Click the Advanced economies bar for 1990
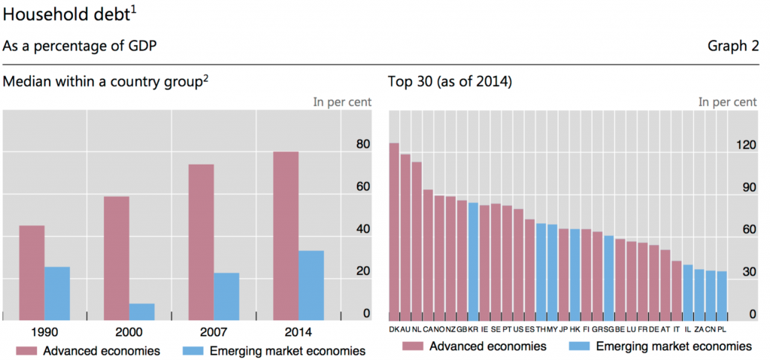click(x=32, y=272)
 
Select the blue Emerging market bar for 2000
click(x=142, y=311)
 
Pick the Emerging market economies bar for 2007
click(x=226, y=296)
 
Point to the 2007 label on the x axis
click(x=214, y=332)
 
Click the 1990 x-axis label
click(x=44, y=332)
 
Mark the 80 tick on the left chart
click(x=362, y=144)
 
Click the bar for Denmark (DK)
click(x=394, y=230)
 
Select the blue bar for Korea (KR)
click(x=473, y=260)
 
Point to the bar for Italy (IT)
click(x=676, y=289)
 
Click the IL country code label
click(x=688, y=329)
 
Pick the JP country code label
click(x=562, y=329)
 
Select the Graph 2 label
click(x=733, y=47)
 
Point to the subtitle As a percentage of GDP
click(x=80, y=47)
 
